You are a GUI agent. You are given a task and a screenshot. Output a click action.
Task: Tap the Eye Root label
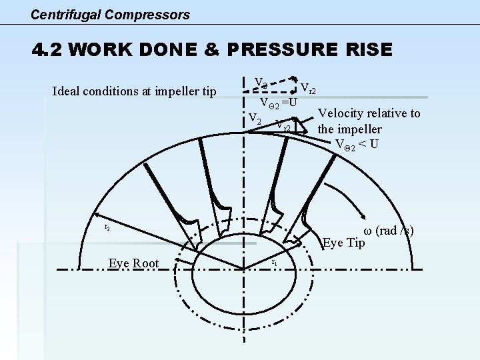point(133,263)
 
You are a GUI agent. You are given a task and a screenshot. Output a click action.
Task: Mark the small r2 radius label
point(107,227)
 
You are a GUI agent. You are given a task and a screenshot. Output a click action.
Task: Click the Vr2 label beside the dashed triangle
point(309,87)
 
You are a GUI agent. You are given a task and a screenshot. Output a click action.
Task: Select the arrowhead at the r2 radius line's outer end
point(97,215)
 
